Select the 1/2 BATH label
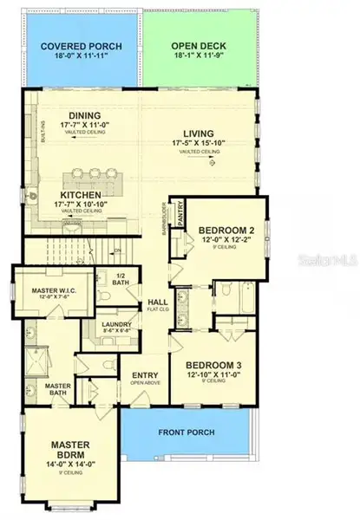pyautogui.click(x=121, y=279)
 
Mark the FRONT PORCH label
pyautogui.click(x=187, y=432)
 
